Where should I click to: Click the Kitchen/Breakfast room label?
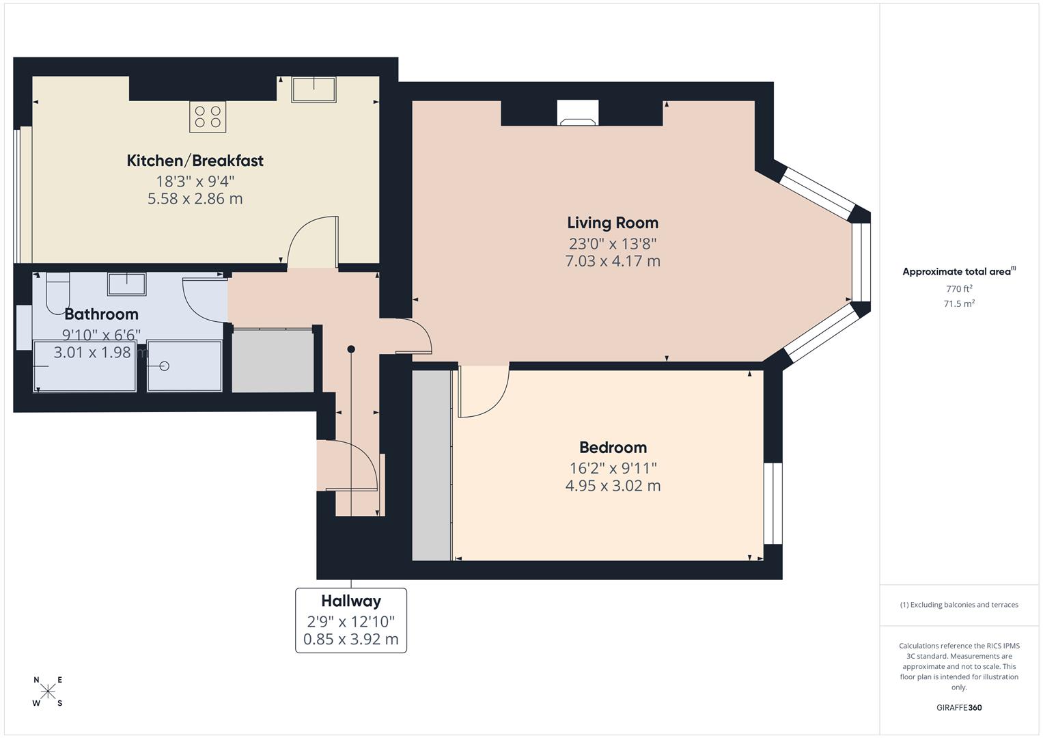pos(195,161)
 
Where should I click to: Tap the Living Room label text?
pos(613,223)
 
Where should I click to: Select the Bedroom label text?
pos(613,448)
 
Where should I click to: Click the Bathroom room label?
pos(101,314)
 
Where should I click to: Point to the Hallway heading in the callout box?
pos(351,601)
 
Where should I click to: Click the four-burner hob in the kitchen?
pos(208,116)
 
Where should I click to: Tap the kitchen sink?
pos(314,89)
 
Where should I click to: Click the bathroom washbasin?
pos(126,283)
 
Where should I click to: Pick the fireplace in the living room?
pos(578,113)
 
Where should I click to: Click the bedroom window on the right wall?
pos(773,503)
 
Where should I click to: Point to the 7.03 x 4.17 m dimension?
pos(613,261)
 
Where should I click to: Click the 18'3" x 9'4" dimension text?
pos(195,182)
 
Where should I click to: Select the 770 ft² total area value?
pos(959,289)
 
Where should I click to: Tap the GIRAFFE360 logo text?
pos(959,707)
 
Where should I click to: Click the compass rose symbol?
pos(48,692)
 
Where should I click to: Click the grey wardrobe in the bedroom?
pos(432,465)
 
